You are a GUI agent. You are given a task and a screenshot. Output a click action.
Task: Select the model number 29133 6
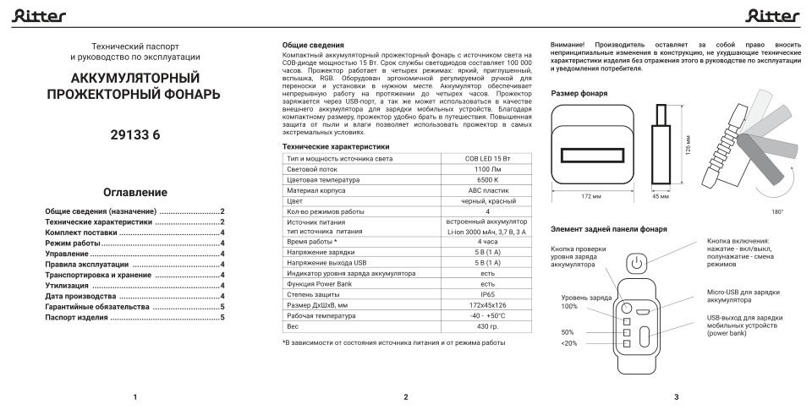pyautogui.click(x=135, y=135)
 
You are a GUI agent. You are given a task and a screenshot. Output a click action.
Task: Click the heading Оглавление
pyautogui.click(x=135, y=192)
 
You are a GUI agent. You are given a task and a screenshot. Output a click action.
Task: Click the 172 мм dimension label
pyautogui.click(x=591, y=197)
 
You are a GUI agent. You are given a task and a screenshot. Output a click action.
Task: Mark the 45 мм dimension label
pyautogui.click(x=660, y=197)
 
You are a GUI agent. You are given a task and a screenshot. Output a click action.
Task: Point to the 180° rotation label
pyautogui.click(x=777, y=211)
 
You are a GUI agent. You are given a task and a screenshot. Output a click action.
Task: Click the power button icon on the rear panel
pyautogui.click(x=637, y=265)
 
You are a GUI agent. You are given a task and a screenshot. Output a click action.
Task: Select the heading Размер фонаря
pyautogui.click(x=579, y=93)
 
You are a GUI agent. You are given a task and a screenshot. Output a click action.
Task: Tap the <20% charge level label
pyautogui.click(x=568, y=343)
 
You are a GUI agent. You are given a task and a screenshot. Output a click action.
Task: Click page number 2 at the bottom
pyautogui.click(x=406, y=396)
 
